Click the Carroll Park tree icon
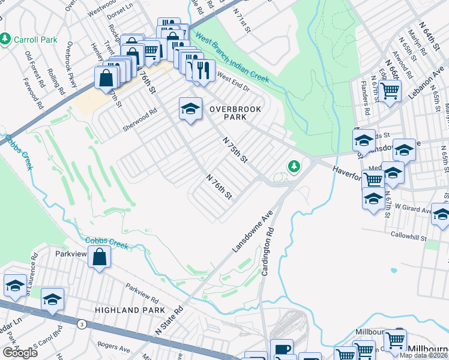5,39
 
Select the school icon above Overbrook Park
190,109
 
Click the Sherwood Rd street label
139,116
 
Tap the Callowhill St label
412,235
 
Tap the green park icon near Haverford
294,166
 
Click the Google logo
20,353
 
